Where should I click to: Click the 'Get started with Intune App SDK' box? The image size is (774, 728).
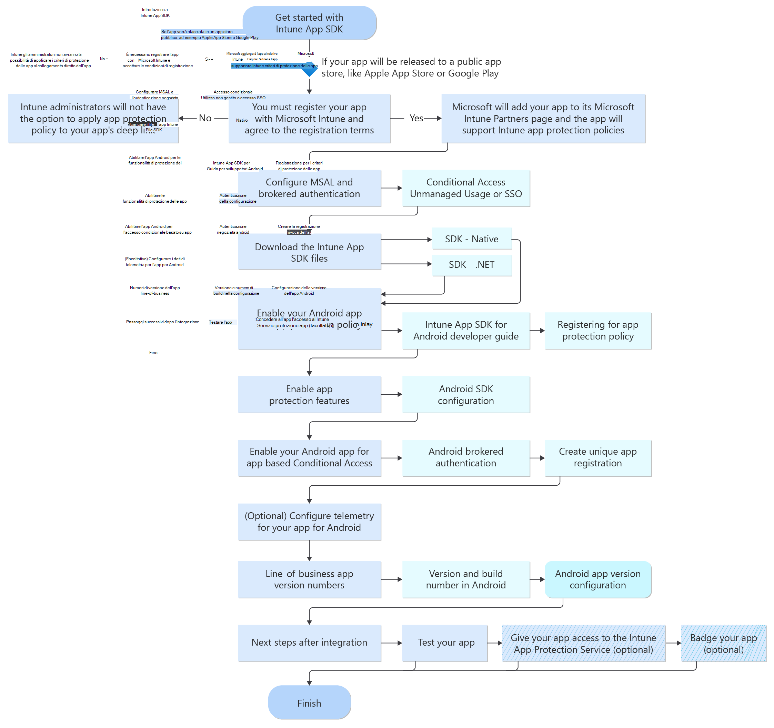pos(310,23)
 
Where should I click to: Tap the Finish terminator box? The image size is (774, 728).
pos(310,703)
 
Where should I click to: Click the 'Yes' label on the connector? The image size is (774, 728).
pos(416,118)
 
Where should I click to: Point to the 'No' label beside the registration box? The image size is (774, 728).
pos(205,118)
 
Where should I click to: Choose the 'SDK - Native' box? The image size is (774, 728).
pos(472,239)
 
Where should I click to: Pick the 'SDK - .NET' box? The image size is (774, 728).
pos(472,265)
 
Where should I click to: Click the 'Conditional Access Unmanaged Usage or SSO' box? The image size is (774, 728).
pos(466,188)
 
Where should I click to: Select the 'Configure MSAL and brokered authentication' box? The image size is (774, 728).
pos(310,188)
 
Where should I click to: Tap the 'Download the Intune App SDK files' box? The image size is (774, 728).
pos(310,252)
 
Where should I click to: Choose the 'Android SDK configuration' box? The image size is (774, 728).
pos(466,395)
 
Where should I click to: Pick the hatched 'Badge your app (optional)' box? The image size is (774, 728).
pos(723,644)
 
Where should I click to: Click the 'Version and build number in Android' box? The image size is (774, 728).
pos(466,579)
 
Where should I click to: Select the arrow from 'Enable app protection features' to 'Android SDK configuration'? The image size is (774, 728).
pos(392,394)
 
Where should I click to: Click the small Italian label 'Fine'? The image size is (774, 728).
pos(153,353)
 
